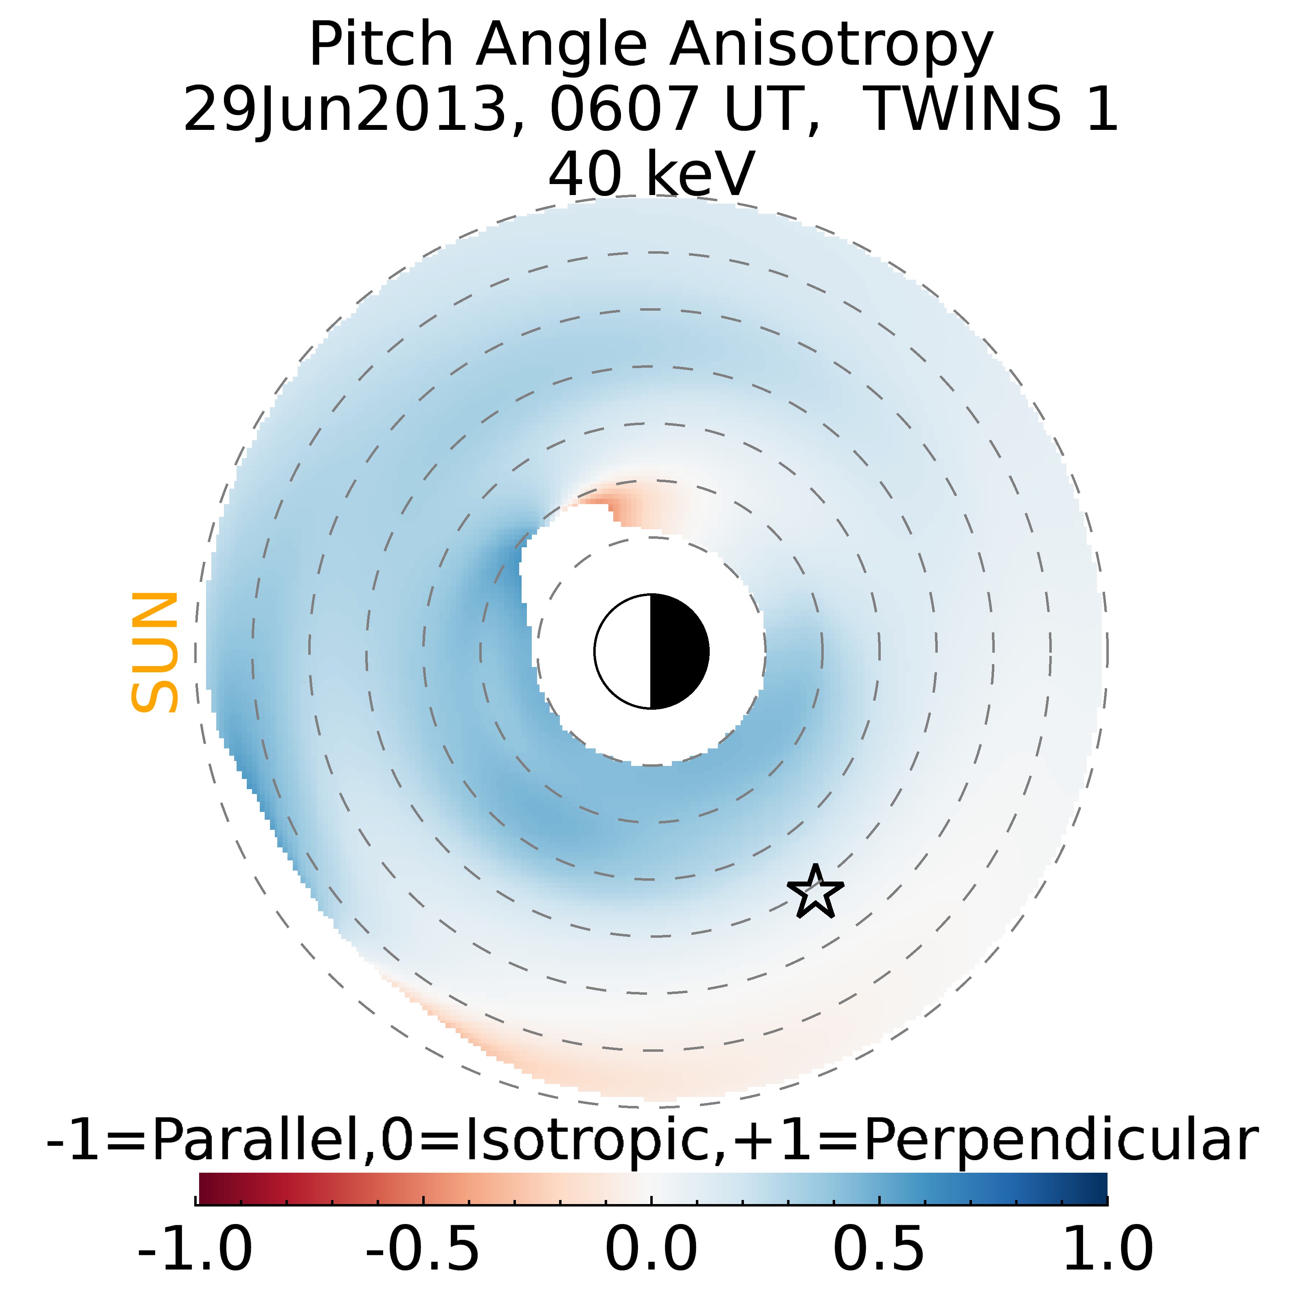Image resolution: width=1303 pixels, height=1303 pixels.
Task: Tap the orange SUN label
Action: click(154, 652)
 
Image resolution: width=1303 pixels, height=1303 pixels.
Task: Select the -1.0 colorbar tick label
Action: click(195, 1250)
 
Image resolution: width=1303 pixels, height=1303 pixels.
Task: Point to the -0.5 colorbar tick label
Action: click(423, 1250)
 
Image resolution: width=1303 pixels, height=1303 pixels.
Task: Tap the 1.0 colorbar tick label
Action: click(1108, 1250)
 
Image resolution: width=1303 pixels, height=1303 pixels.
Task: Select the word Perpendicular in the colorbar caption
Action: click(1060, 1141)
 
